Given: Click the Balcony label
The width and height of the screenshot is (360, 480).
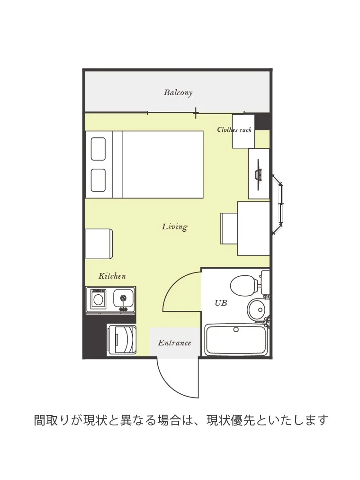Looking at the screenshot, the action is [178, 92].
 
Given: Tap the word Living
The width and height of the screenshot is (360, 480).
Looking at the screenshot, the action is [174, 227].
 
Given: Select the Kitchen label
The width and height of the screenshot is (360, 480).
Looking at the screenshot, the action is [112, 276].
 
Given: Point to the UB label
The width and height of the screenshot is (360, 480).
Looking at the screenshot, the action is [221, 303].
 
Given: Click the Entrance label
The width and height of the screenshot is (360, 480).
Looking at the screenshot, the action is [174, 343].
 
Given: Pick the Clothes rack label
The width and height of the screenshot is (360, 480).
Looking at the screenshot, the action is [234, 129].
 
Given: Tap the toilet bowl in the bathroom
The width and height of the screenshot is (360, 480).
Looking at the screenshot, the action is [243, 284].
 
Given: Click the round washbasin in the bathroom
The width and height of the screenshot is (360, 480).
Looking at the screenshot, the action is [256, 309].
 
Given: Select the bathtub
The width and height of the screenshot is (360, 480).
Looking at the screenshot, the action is [236, 340].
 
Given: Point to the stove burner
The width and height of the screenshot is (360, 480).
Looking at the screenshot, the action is [98, 299].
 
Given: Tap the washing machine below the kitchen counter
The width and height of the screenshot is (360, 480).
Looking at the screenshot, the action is [122, 340].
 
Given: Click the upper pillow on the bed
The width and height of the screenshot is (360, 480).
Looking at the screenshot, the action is [98, 149].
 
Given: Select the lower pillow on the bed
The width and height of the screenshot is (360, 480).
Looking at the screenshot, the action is [98, 181].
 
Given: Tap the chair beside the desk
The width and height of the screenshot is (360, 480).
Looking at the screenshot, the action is [229, 229].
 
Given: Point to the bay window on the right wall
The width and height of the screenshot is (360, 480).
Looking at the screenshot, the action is [278, 204].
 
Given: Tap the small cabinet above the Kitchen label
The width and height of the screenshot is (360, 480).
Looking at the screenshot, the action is [99, 244].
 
